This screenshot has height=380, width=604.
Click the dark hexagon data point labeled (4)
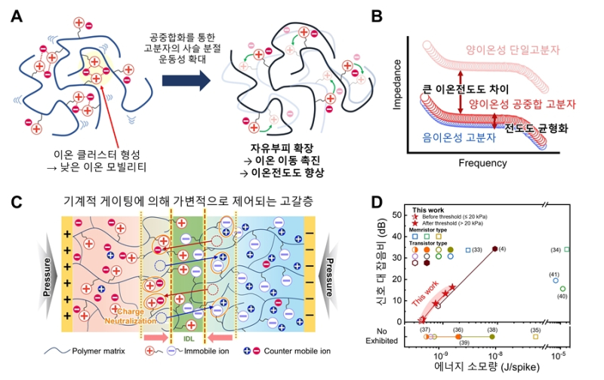[x=495, y=249]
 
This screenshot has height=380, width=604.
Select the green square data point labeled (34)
[x=567, y=250]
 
